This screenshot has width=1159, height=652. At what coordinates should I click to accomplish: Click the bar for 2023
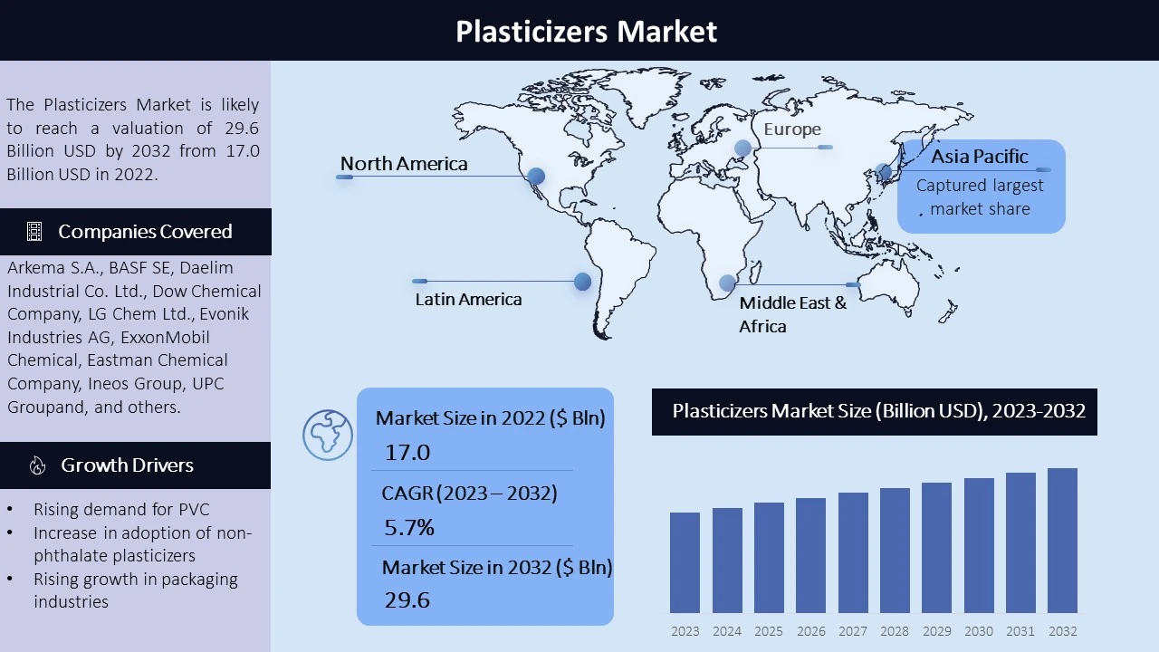click(x=685, y=562)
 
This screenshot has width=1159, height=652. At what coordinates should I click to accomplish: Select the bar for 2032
click(x=1062, y=541)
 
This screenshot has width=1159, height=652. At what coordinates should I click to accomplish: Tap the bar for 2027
click(x=853, y=552)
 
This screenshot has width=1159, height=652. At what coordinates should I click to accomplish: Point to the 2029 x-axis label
click(x=937, y=631)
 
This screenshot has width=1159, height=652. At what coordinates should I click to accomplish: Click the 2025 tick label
click(x=769, y=631)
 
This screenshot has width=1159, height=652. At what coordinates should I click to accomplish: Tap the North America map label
click(x=404, y=164)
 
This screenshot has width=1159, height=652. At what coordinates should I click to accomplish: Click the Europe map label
click(x=792, y=129)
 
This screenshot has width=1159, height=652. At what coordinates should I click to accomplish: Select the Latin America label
click(x=468, y=299)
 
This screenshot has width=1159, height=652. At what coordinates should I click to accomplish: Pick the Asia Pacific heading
click(x=980, y=157)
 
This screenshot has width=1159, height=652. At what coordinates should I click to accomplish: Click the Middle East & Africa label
click(x=792, y=314)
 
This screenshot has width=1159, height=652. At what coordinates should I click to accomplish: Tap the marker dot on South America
click(x=582, y=282)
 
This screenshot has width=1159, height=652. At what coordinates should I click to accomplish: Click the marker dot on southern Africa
click(x=727, y=283)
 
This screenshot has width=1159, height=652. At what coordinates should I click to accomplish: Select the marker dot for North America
click(x=536, y=176)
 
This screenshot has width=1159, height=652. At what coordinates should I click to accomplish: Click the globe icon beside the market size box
click(x=328, y=436)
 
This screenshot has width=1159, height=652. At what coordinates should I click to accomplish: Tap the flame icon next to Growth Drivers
click(x=37, y=465)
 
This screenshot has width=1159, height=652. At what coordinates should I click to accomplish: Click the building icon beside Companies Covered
click(x=34, y=231)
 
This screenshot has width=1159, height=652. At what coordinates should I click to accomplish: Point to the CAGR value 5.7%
click(x=408, y=527)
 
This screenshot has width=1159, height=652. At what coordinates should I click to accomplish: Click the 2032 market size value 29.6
click(x=407, y=599)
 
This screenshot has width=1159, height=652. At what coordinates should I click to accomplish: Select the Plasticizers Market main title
click(x=586, y=31)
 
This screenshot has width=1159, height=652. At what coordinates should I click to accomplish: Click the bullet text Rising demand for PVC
click(x=121, y=509)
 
